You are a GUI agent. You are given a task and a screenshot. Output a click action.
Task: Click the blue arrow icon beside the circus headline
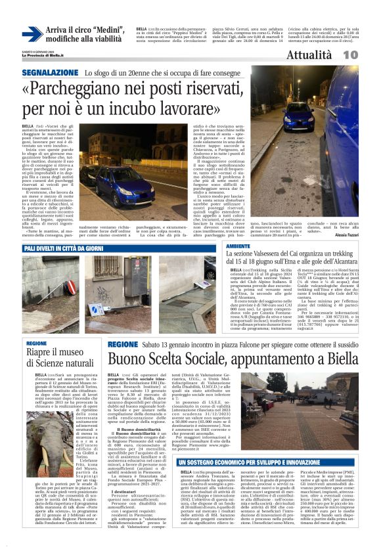32,35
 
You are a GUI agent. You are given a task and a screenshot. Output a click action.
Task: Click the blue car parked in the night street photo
297,116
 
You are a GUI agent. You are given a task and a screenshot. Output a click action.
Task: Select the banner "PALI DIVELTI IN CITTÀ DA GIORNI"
62,249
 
